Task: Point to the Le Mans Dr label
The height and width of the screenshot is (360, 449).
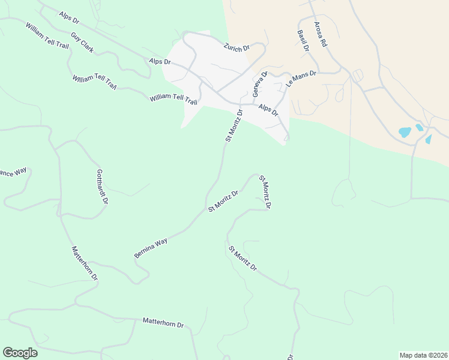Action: tap(301, 79)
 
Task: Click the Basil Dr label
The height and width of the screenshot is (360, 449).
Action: tap(303, 41)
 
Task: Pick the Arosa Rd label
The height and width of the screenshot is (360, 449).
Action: tap(321, 35)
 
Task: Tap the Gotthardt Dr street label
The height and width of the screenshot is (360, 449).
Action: tap(101, 186)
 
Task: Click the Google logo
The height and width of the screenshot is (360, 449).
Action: tap(20, 353)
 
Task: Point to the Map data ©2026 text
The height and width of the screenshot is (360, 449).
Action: tap(423, 355)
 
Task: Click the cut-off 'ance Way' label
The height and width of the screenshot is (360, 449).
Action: tap(13, 173)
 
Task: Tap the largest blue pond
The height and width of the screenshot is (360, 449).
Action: tap(405, 131)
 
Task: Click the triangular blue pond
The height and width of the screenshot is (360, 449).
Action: tap(429, 139)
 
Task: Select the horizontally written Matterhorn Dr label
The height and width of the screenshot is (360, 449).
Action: tap(163, 323)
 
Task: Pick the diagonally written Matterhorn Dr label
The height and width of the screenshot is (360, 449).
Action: tap(84, 263)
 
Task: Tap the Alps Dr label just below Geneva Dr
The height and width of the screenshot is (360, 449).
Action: tap(268, 109)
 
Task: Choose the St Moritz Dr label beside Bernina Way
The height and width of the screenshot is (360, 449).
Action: tap(223, 201)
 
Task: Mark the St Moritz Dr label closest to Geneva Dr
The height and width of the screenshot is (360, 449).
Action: tap(234, 125)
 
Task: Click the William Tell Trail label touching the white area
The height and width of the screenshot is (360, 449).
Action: tap(173, 98)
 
